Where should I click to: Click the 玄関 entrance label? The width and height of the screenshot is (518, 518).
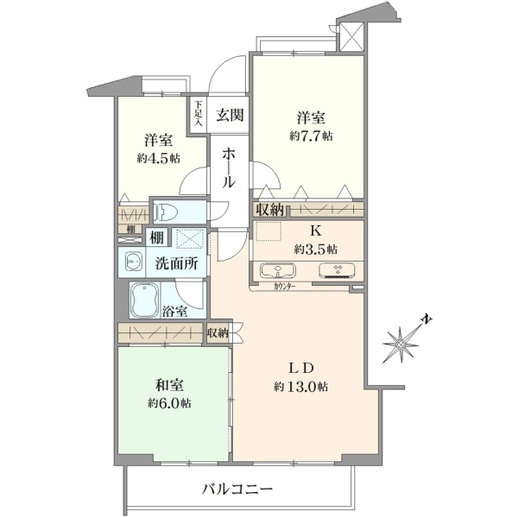pos(231,116)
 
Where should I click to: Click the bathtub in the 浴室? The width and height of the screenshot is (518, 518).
pos(145,300)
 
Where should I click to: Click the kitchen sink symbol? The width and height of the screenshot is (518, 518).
pos(278,270)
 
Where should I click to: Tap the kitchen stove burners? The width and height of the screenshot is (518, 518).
pos(338,270)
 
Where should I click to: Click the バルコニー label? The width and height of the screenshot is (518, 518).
pos(237,489)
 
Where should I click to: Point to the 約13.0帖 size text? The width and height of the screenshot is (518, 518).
pos(300,386)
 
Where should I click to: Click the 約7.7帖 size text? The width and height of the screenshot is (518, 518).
pos(311,136)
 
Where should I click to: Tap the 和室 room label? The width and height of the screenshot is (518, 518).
pos(169,385)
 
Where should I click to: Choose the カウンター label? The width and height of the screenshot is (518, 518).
pos(284,287)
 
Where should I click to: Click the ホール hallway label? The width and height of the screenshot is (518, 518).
pos(229,167)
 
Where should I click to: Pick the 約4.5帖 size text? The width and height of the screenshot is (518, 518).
pos(159,159)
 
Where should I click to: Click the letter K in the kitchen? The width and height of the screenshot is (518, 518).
pos(315,231)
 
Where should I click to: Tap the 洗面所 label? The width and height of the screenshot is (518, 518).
pos(177,263)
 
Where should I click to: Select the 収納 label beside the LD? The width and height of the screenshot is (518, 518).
pos(218,333)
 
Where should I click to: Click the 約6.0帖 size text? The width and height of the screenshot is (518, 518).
pos(169,403)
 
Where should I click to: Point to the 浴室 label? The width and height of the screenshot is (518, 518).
pos(174,311)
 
